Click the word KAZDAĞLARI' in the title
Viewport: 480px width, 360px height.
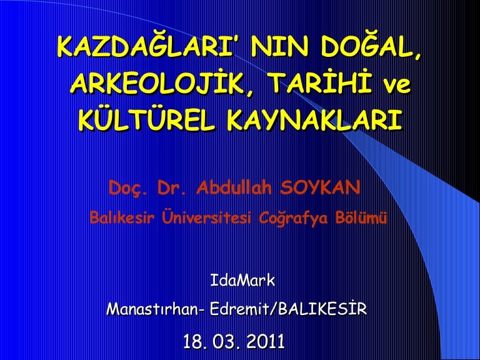pos(149,47)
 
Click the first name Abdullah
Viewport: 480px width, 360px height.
pos(234,187)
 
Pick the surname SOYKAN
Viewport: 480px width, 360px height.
pos(320,187)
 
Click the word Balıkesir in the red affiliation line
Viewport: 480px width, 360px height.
pos(121,218)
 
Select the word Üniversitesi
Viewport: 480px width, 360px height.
pos(206,217)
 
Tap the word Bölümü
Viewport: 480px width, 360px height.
pos(361,217)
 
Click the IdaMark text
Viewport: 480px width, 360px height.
pos(242,281)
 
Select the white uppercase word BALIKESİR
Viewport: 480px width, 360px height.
pos(322,309)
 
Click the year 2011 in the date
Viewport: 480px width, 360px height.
pos(266,342)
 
